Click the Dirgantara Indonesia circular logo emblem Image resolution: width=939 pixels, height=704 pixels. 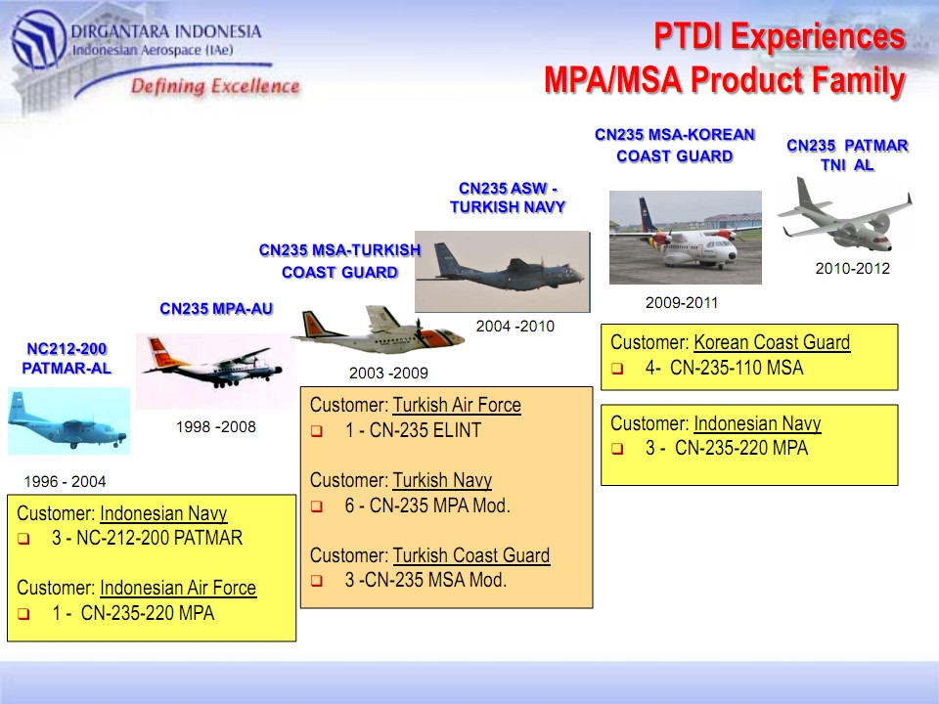tap(38, 39)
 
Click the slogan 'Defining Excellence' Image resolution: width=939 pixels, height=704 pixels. tap(215, 86)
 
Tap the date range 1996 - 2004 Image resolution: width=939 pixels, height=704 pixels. tap(65, 481)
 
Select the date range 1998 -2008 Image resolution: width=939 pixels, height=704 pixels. tap(215, 427)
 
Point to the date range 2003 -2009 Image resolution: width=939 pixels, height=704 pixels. tap(388, 373)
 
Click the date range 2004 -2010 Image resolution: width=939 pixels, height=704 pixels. tap(515, 327)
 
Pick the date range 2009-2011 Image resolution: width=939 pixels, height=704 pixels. tap(682, 303)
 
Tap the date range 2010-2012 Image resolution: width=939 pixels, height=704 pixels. tap(853, 269)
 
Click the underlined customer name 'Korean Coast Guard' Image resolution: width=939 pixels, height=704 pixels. tap(772, 342)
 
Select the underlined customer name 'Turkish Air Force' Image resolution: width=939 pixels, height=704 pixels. tap(457, 405)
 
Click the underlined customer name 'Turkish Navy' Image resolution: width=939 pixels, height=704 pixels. tap(442, 480)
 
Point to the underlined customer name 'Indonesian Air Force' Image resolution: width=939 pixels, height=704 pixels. tap(178, 588)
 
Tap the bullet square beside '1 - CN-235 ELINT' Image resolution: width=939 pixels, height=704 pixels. tap(317, 431)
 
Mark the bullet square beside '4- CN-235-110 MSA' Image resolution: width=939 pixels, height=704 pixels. tap(617, 369)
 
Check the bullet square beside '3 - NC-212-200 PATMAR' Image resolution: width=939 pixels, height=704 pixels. tap(23, 539)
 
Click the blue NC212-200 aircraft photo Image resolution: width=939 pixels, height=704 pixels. tap(68, 420)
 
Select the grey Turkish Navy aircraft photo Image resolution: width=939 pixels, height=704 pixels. tap(503, 271)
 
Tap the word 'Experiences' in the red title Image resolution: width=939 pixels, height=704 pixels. tap(818, 36)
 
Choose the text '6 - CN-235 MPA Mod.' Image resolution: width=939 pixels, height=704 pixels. tap(427, 506)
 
